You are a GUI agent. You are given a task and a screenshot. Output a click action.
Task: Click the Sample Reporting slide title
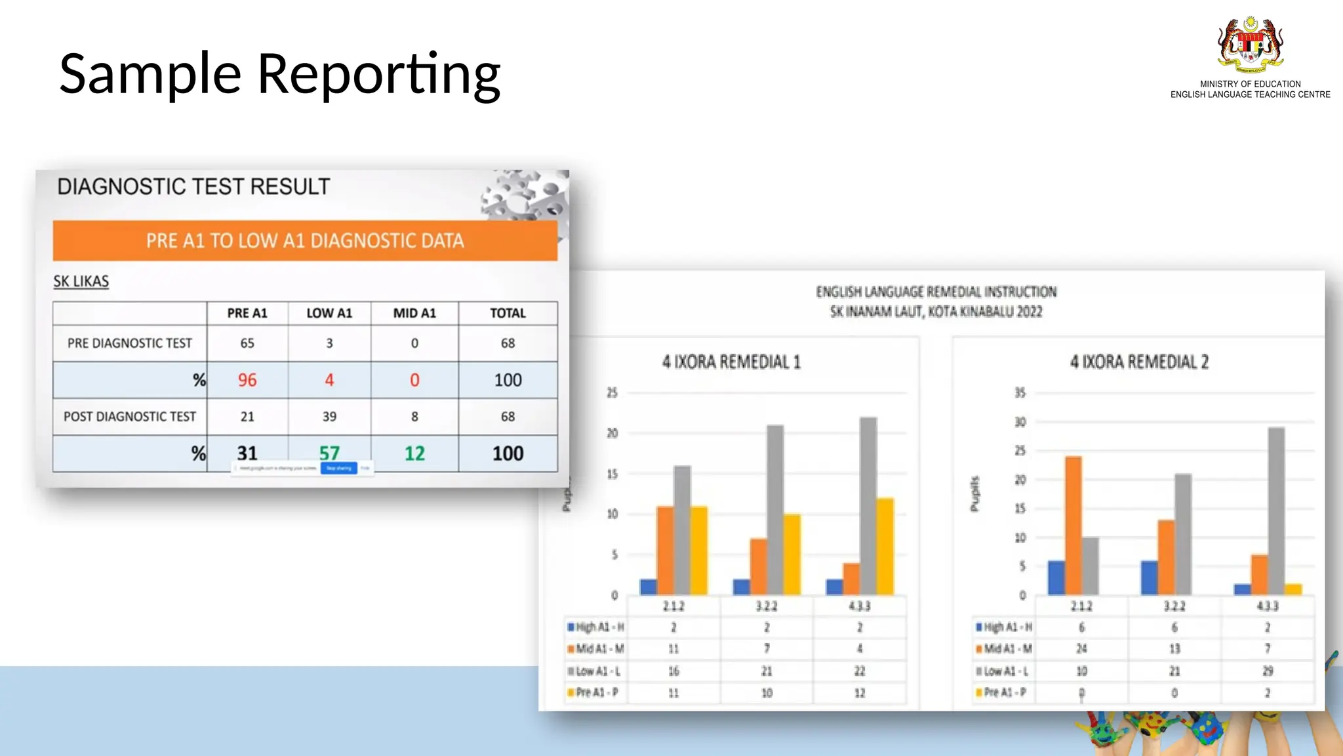tap(280, 73)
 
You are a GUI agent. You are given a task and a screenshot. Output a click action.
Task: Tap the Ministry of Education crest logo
tap(1250, 45)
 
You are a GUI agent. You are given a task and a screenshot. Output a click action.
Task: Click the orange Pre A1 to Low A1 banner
tap(305, 241)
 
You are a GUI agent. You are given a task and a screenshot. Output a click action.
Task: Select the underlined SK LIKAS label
tap(81, 282)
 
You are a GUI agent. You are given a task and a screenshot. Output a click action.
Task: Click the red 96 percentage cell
tap(247, 380)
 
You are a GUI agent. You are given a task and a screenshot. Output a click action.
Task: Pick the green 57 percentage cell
tap(329, 452)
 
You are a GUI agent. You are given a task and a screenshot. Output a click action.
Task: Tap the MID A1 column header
tap(414, 314)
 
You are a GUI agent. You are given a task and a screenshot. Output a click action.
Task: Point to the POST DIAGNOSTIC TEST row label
tap(130, 417)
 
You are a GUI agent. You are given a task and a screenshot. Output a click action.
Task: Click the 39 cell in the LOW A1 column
tap(329, 417)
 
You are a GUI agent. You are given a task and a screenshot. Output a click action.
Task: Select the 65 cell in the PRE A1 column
tap(247, 343)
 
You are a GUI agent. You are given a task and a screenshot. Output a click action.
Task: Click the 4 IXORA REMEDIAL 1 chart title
tap(731, 362)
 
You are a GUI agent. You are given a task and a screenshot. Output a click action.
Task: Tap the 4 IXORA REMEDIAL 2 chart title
tap(1139, 362)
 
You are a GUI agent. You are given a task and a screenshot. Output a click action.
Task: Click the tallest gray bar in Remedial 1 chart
tap(868, 505)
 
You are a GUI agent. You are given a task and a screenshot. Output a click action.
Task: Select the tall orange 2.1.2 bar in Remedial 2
tap(1073, 525)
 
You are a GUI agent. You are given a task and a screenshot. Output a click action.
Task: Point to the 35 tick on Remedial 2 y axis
tap(1020, 393)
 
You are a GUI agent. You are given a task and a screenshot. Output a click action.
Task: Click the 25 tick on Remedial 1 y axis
tap(612, 393)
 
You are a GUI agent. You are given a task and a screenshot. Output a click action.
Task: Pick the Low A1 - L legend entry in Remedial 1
tap(595, 671)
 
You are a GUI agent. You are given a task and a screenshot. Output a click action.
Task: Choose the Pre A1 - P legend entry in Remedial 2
tap(1003, 692)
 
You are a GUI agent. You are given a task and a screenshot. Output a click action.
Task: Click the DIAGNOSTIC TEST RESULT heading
tap(193, 187)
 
